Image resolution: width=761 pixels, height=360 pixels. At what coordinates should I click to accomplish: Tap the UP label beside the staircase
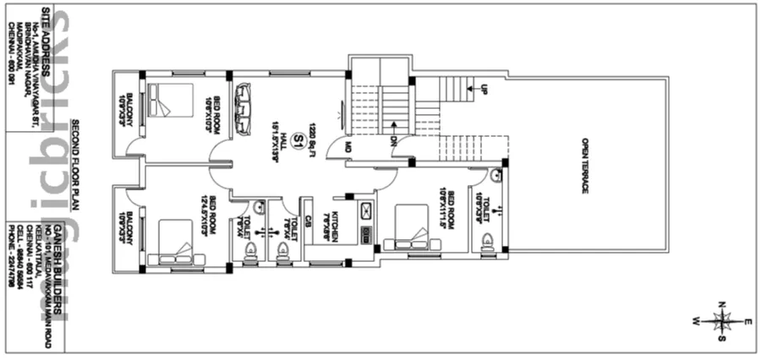484,89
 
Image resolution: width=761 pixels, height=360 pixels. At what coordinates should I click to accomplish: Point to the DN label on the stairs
394,142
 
